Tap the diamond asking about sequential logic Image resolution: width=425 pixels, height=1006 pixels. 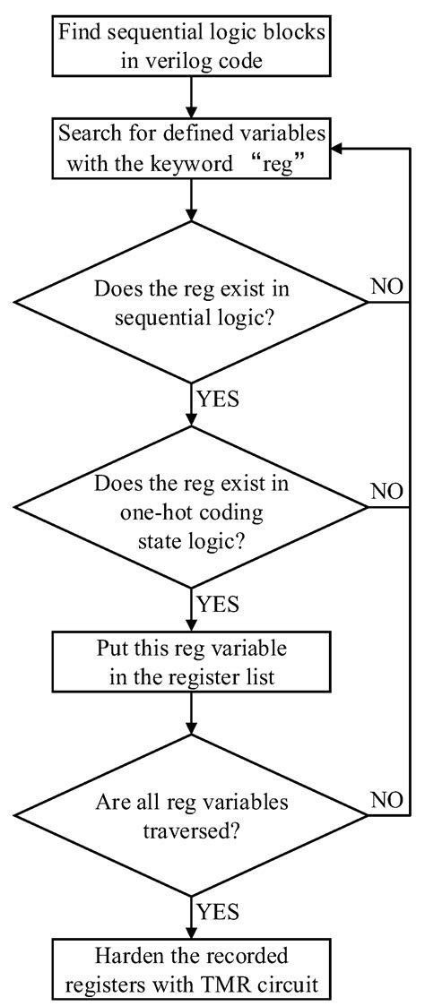[191, 303]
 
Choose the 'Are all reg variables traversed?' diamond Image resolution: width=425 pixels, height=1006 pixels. [191, 814]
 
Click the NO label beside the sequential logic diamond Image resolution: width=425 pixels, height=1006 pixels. [387, 288]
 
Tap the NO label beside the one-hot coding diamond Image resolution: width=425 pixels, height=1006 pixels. [387, 493]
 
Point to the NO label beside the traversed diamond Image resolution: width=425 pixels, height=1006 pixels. [387, 800]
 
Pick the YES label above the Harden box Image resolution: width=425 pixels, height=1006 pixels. [216, 912]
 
